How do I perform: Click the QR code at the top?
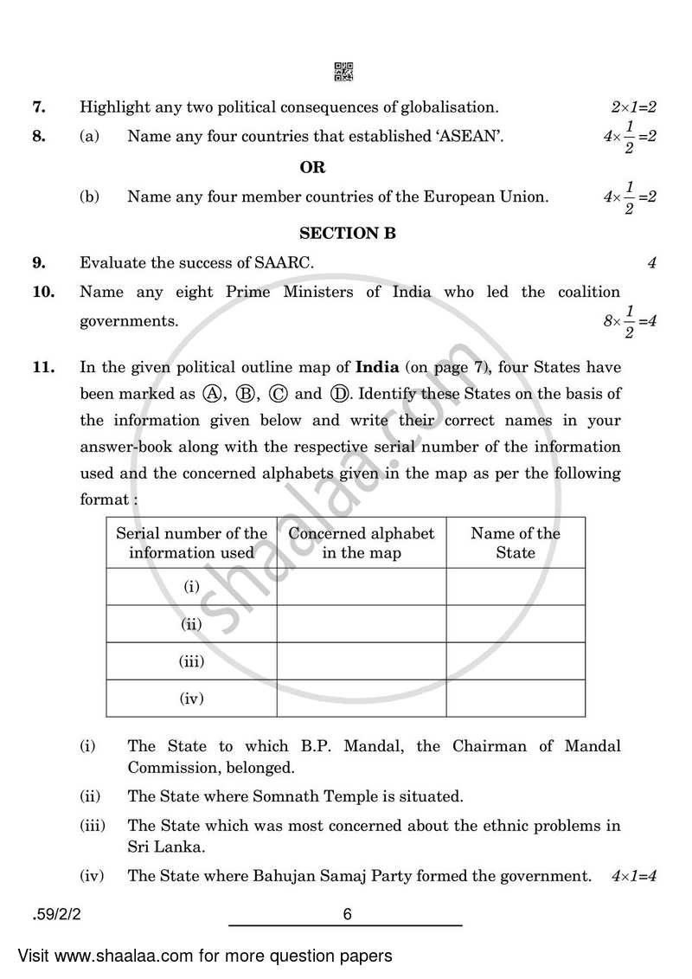tap(343, 72)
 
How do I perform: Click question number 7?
tap(38, 108)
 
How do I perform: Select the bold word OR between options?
tap(312, 167)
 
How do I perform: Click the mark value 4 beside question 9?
tap(651, 263)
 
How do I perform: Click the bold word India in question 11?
tap(377, 366)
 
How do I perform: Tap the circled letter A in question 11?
tap(210, 394)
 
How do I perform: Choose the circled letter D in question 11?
tap(339, 394)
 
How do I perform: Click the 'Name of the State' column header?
tap(516, 543)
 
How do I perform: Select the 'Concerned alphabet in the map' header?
tap(362, 543)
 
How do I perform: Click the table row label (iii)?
tap(191, 661)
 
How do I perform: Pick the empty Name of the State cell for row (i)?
tap(516, 587)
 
